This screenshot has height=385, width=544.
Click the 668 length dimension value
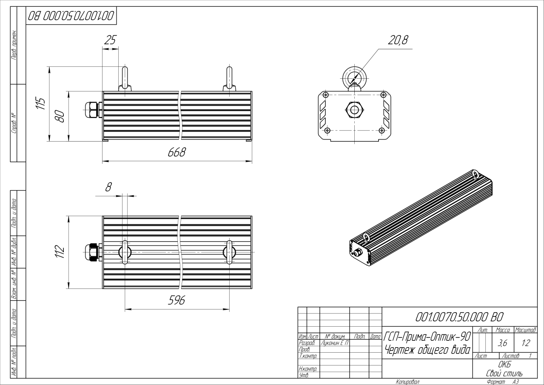177,152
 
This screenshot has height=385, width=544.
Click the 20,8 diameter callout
398,40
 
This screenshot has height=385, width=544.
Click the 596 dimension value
176,300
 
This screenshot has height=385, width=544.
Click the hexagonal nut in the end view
354,110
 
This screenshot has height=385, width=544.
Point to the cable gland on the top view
91,252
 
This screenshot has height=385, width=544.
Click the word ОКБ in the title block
504,365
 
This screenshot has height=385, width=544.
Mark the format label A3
516,382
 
